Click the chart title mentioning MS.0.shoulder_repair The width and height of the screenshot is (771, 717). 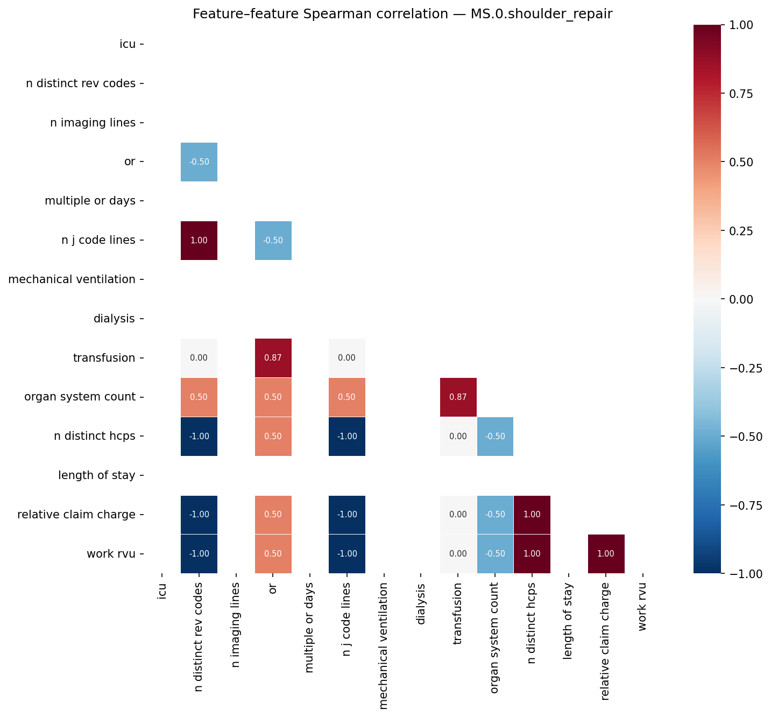click(x=402, y=15)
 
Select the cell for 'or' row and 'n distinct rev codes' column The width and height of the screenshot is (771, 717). click(x=199, y=162)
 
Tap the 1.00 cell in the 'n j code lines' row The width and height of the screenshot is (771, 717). click(x=199, y=241)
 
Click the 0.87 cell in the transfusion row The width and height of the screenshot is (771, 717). click(x=273, y=358)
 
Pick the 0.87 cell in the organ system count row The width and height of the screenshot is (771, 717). click(x=458, y=397)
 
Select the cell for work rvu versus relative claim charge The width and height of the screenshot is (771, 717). click(x=606, y=554)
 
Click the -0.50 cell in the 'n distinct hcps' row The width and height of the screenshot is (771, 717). click(x=495, y=437)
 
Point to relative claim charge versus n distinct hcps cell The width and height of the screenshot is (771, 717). click(x=532, y=515)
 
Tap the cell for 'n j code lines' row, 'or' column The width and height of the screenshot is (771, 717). click(x=273, y=241)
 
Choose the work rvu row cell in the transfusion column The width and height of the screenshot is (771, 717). click(x=458, y=554)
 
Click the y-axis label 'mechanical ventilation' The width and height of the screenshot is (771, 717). click(x=72, y=279)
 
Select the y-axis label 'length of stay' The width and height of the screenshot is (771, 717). click(x=97, y=475)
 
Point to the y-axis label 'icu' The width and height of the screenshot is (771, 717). click(x=128, y=44)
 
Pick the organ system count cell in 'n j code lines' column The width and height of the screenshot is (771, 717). click(x=347, y=397)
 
